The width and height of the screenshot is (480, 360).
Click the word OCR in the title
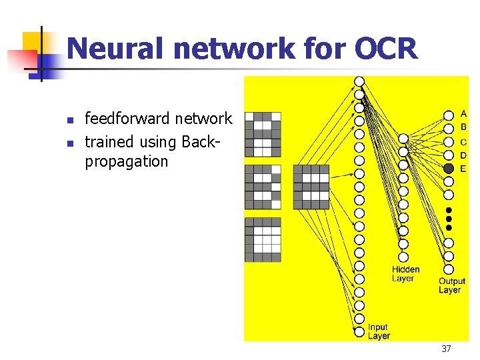[387, 49]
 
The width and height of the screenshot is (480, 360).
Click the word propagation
[127, 161]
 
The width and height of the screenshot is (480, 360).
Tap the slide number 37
[446, 349]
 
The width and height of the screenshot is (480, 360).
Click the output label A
[463, 114]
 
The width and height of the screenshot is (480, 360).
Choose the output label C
[463, 141]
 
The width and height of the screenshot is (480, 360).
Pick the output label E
[463, 169]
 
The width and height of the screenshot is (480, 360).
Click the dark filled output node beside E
[449, 169]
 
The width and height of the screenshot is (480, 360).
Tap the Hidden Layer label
[405, 274]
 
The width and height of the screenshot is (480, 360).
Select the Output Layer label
[451, 285]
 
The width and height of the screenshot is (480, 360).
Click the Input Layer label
[378, 331]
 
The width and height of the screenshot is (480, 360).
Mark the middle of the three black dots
[449, 219]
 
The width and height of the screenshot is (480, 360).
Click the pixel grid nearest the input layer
[311, 187]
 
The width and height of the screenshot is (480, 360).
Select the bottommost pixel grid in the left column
[263, 239]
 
